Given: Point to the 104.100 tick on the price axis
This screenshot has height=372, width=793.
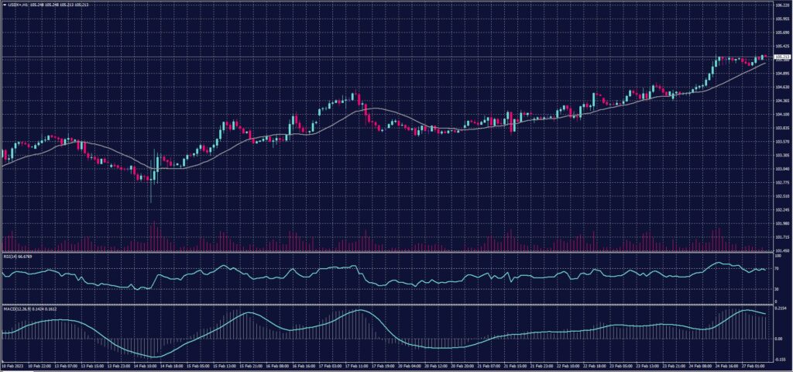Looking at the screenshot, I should pyautogui.click(x=781, y=115).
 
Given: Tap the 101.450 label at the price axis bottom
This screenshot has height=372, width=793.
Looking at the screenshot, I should pyautogui.click(x=781, y=250).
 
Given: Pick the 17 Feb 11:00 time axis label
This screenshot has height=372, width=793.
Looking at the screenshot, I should pyautogui.click(x=355, y=364).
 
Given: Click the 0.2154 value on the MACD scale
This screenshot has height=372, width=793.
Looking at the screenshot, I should pyautogui.click(x=781, y=308).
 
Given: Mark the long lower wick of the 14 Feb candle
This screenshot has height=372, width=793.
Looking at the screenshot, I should pyautogui.click(x=150, y=194).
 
